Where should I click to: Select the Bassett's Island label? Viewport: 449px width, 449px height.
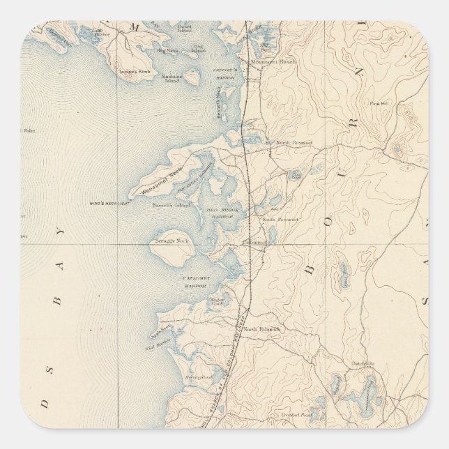[167, 206]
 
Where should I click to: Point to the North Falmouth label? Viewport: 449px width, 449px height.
[266, 329]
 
